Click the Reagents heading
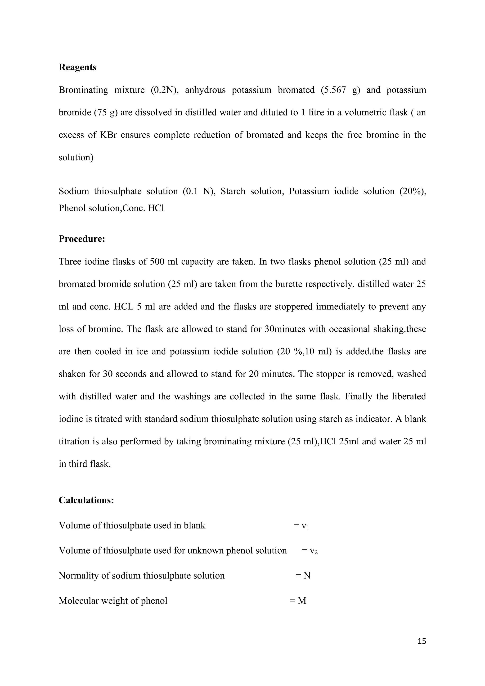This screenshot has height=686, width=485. [x=77, y=67]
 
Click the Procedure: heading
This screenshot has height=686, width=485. [x=82, y=239]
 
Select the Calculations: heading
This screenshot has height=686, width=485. [x=86, y=500]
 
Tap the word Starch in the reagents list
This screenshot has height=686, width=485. [x=233, y=191]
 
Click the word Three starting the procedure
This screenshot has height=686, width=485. [x=70, y=262]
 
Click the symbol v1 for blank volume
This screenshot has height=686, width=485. [x=305, y=526]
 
